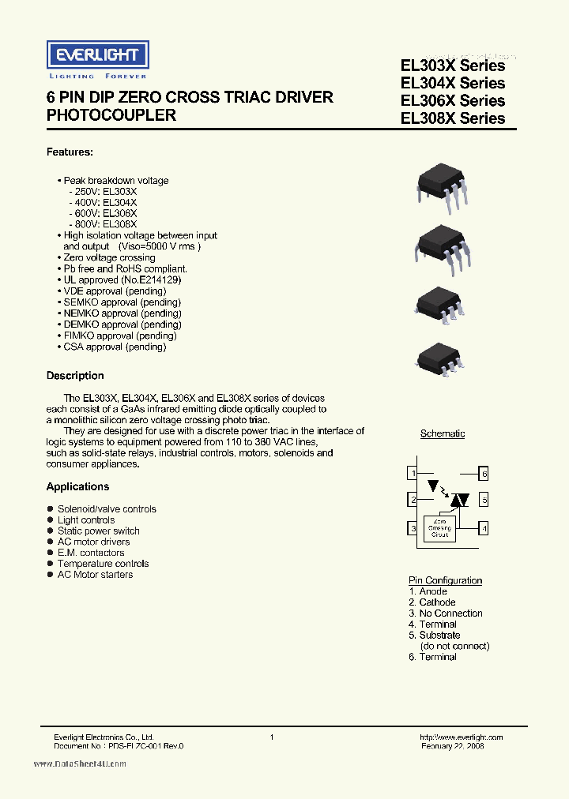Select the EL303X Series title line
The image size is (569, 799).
click(453, 66)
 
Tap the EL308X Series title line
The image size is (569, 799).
click(453, 118)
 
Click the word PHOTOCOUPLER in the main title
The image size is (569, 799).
click(111, 115)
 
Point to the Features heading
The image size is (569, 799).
click(70, 152)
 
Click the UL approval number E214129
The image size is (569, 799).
click(158, 279)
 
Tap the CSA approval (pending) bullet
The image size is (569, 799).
click(114, 347)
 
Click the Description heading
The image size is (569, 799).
click(75, 376)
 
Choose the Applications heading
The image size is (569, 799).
click(77, 486)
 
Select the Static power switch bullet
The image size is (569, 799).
click(98, 531)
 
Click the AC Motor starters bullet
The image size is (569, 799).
click(95, 575)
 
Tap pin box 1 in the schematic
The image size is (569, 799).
click(413, 473)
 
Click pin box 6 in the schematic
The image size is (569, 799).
click(484, 473)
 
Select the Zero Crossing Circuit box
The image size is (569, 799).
click(440, 528)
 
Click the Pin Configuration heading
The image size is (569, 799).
click(445, 580)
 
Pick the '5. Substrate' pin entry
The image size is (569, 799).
click(434, 635)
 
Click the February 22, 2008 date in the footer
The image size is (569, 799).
click(452, 745)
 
